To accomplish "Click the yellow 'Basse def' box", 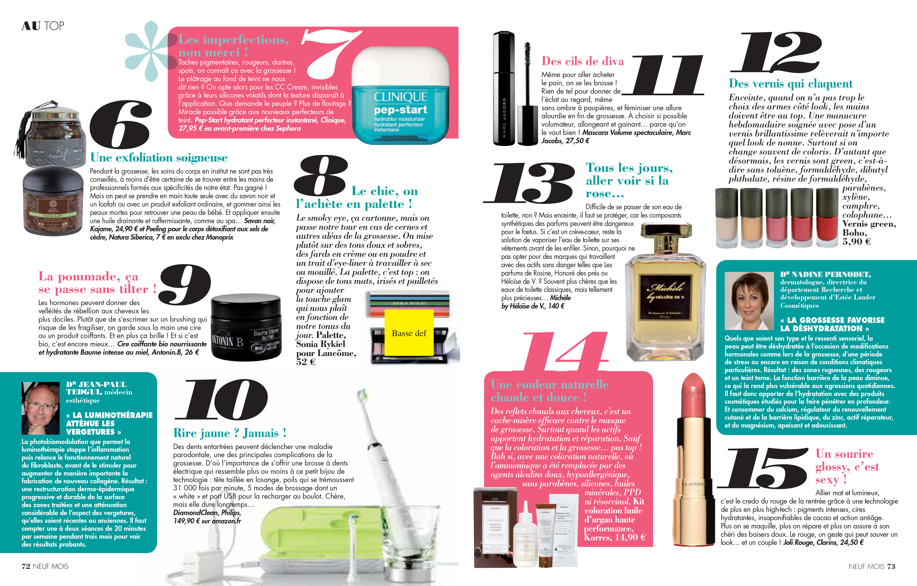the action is [409, 333].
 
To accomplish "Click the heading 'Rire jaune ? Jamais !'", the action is [230, 433].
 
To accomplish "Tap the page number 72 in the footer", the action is [26, 566].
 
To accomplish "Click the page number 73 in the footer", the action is [891, 566].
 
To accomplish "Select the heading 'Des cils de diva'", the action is [583, 61].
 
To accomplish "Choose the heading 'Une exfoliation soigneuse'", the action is [159, 158].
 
